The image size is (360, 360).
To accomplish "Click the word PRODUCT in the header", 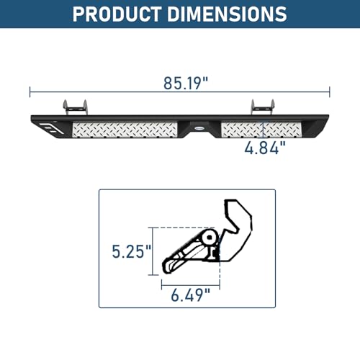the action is (x=117, y=14).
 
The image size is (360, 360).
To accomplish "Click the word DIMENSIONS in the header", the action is (x=227, y=14).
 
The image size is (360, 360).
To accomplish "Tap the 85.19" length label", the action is (x=186, y=84).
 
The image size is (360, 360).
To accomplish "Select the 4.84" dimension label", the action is (x=265, y=148).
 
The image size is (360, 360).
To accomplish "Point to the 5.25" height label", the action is (x=132, y=251).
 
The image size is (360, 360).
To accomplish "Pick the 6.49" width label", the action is (x=191, y=295).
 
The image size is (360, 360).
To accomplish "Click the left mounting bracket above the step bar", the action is (x=75, y=107).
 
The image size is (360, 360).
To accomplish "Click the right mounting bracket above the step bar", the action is (x=263, y=107).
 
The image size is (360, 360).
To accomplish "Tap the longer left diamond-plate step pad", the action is (x=125, y=130).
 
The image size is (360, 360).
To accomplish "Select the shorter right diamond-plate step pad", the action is (x=261, y=130).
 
